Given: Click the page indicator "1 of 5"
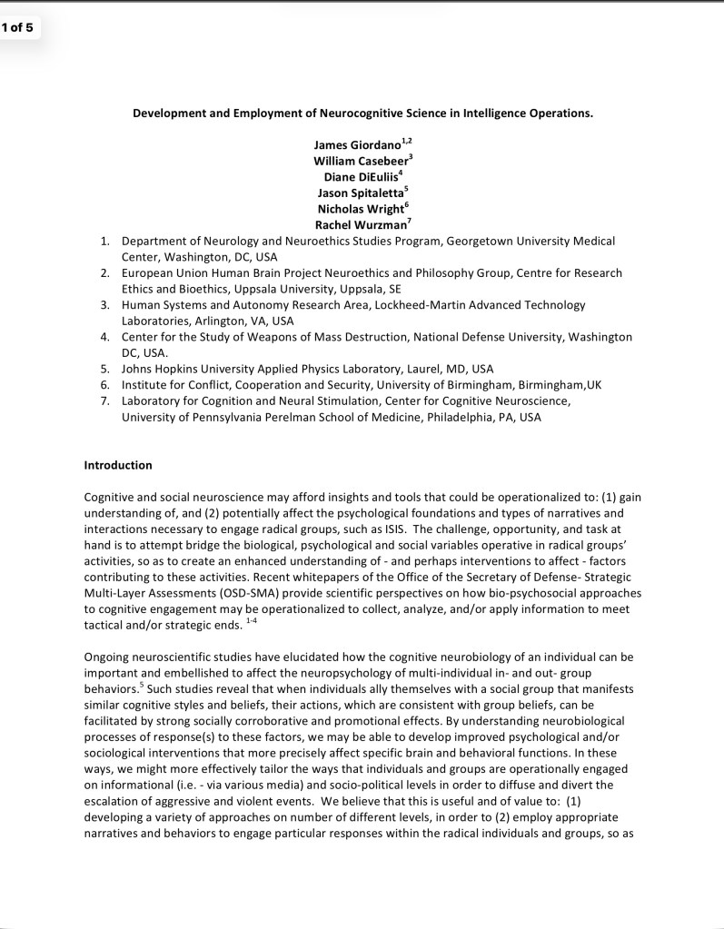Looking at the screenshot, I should pos(16,26).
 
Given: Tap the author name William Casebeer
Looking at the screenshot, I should pos(360,161).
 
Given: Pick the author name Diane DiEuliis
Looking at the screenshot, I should pos(360,177).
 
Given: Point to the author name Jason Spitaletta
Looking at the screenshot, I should pos(360,193).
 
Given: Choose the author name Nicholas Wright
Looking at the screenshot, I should pos(361,209).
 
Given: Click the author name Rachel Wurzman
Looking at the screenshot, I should pos(360,225).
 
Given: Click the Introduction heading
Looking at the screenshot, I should pos(118,465).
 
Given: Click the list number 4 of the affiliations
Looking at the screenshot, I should pos(104,337).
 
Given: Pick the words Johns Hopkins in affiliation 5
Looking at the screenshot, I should pos(157,369).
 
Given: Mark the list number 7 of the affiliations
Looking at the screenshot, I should pos(104,401).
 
